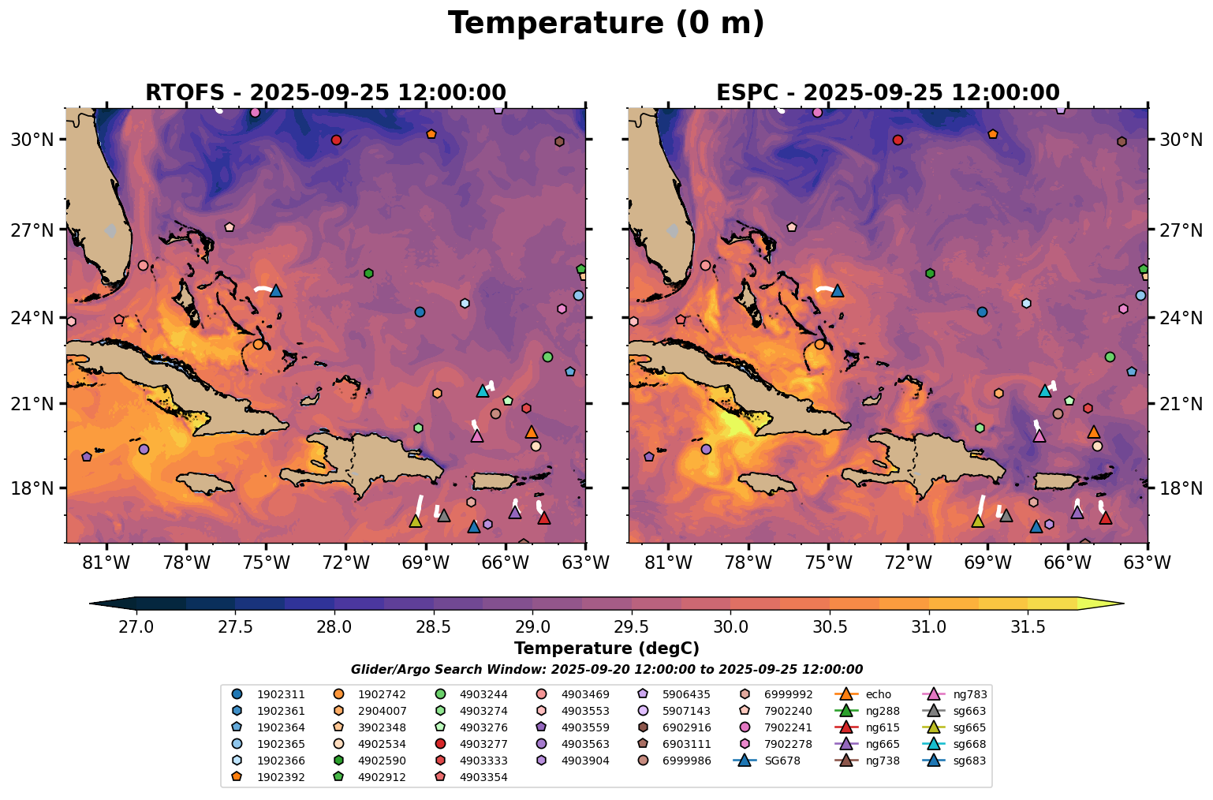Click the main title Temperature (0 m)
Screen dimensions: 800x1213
(x=606, y=23)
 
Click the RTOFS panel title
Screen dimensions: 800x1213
(x=325, y=93)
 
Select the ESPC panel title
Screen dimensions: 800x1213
(x=887, y=93)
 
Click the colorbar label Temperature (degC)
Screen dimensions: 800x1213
(x=606, y=649)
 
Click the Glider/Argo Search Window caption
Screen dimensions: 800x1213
(x=606, y=669)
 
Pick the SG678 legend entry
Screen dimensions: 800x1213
(x=781, y=761)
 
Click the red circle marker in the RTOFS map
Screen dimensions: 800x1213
(x=336, y=140)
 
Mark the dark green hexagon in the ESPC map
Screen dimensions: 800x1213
(x=930, y=273)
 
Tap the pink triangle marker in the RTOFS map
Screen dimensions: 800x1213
(x=476, y=436)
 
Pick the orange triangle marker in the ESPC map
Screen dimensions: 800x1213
(x=1093, y=432)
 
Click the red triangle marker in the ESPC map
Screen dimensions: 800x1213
(x=1105, y=518)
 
